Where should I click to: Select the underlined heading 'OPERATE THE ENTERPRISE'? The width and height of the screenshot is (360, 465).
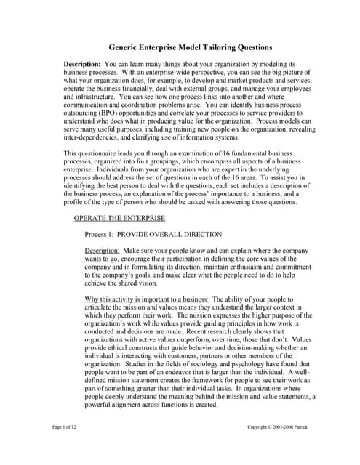point(119,218)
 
